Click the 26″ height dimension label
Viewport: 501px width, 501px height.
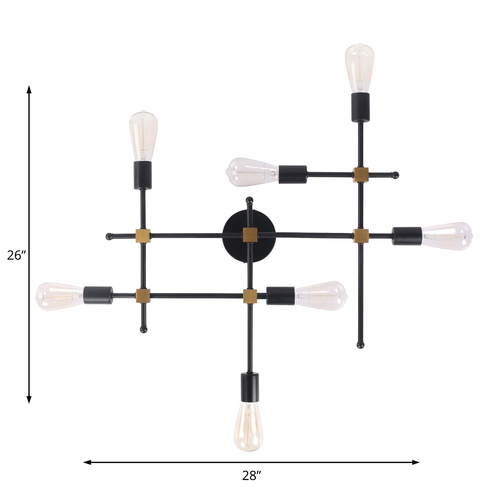click(16, 256)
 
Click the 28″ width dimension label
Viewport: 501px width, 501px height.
click(251, 476)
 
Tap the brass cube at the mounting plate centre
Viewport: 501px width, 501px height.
click(250, 234)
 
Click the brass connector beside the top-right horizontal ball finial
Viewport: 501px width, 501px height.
click(361, 175)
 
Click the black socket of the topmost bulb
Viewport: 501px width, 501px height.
click(360, 107)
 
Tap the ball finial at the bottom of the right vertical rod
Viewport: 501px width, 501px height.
click(360, 345)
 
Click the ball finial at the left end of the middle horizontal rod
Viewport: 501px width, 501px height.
click(109, 236)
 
